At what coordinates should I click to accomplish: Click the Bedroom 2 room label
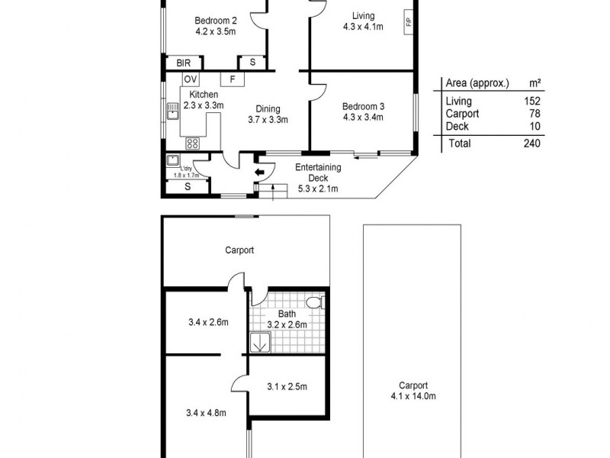(216, 21)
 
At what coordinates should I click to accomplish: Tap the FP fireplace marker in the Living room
(409, 21)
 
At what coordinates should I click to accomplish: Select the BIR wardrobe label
(183, 63)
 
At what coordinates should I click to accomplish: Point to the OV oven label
(191, 79)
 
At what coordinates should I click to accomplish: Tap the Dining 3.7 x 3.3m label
(267, 114)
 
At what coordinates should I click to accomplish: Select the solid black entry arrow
(261, 173)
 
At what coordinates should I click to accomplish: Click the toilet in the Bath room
(313, 304)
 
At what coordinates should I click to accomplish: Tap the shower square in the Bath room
(260, 343)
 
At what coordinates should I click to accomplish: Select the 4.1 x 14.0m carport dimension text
(411, 396)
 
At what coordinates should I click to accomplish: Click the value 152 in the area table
(531, 102)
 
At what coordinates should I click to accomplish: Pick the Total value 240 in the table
(531, 143)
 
